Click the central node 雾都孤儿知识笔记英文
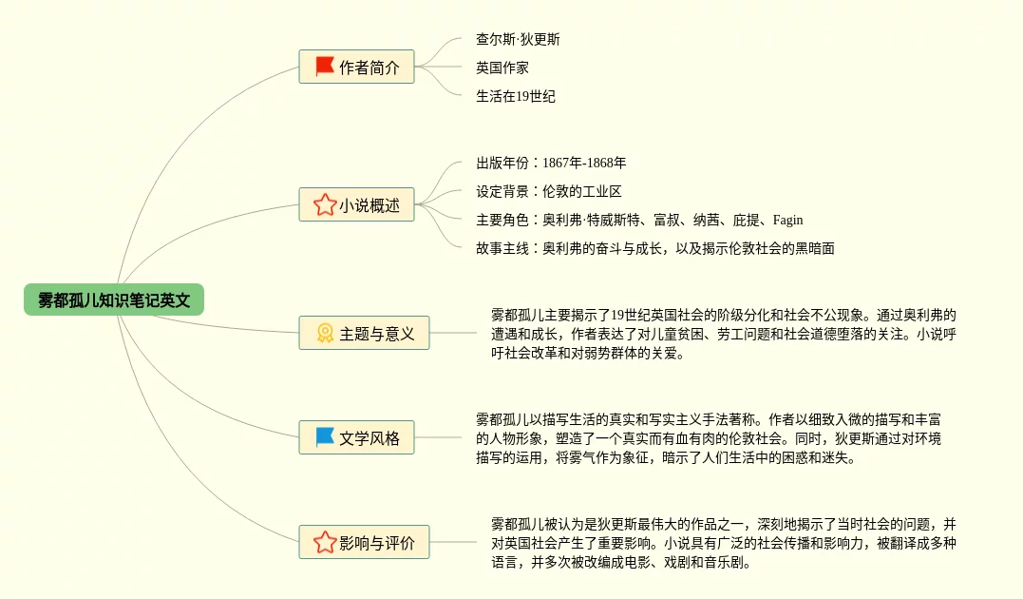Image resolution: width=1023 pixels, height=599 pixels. pos(114,300)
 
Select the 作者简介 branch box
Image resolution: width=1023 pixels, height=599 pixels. pos(356,68)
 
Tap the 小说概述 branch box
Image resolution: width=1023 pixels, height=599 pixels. pos(356,205)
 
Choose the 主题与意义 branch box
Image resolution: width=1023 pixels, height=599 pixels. pos(364,334)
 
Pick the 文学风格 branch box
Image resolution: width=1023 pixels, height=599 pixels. pos(356,438)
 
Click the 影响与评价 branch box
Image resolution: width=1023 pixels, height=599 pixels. pos(364,543)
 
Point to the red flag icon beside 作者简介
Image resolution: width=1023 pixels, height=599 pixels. pos(325,67)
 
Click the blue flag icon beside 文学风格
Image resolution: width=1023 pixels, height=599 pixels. pos(325,437)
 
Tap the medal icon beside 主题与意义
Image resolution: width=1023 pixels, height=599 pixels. pos(325,334)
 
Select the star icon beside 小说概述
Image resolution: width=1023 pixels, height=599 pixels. pos(325,204)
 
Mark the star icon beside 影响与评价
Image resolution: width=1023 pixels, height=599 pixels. pos(325,542)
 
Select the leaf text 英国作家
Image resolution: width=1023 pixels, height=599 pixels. pos(502,68)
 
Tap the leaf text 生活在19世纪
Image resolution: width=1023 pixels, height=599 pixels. pos(516,97)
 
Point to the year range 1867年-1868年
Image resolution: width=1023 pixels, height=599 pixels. pos(584,164)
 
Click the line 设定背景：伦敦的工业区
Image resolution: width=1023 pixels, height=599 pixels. pos(549,192)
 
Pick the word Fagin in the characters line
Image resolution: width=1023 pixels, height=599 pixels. pos(787,221)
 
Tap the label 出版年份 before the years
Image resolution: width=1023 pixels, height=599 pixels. pos(502,164)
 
